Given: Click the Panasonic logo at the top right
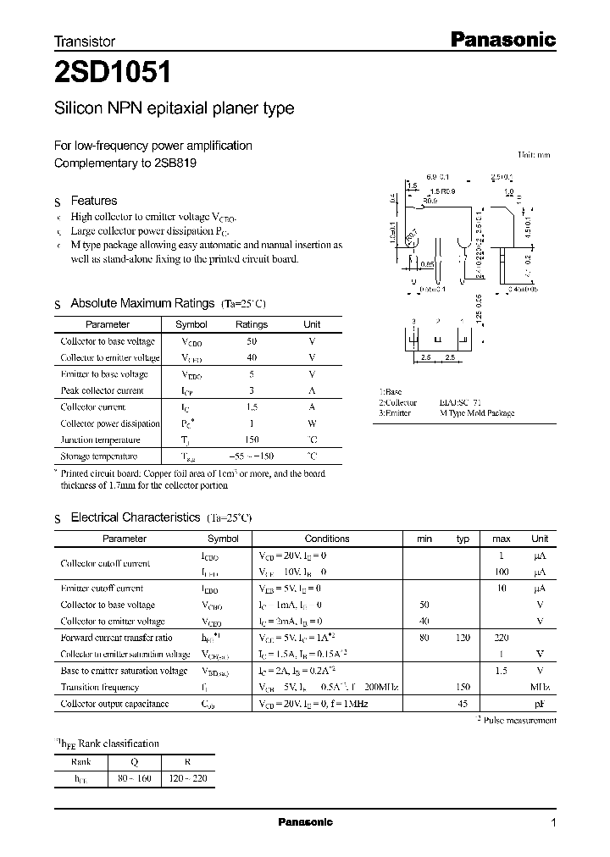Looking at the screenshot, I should pos(501,39).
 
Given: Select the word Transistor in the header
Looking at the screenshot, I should pos(85,41).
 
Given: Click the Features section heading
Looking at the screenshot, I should pos(93,201).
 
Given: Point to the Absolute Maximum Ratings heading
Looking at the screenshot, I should pos(142,303).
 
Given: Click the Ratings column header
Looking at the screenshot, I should pos(251,324).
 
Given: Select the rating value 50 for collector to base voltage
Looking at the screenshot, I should pos(251,341).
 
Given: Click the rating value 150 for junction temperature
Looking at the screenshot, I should pos(251,440).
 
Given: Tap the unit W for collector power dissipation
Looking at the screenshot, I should pos(312,423).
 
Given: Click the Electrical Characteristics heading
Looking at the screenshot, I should pos(136,517).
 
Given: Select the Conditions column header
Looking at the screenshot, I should pos(326,539).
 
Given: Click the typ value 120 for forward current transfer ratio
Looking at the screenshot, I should pos(463,638).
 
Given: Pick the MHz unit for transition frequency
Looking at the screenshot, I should pos(540,688).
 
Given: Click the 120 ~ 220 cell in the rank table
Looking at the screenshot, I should pos(187,778).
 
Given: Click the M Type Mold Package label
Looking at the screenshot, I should pos(476,413).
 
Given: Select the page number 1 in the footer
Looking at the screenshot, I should pos(553,823).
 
